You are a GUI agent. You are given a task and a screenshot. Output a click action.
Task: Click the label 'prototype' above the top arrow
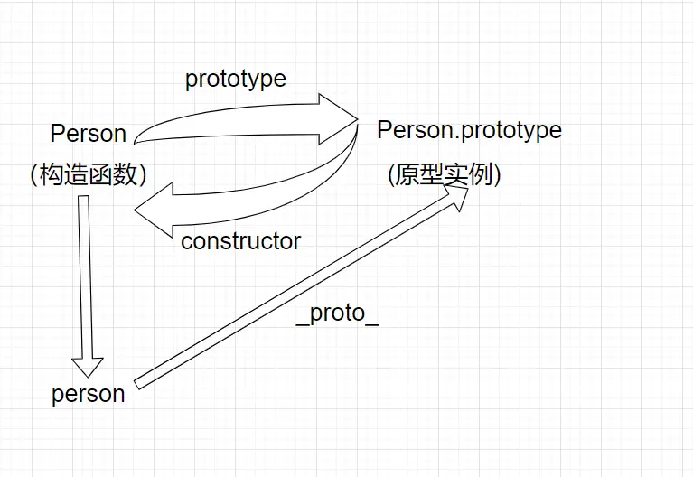(x=235, y=79)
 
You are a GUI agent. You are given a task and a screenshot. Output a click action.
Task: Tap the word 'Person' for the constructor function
(x=88, y=134)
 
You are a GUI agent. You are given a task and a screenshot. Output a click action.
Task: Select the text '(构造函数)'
(x=88, y=174)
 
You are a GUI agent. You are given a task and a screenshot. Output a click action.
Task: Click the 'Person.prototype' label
(x=469, y=130)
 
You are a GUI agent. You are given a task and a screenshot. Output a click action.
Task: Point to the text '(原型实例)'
(x=444, y=173)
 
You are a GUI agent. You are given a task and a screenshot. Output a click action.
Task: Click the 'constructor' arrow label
(x=240, y=241)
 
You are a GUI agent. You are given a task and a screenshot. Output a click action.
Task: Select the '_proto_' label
(x=338, y=313)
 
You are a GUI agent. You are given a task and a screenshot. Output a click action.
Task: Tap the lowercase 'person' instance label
(x=88, y=394)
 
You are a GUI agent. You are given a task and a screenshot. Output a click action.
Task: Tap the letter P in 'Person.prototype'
(x=384, y=130)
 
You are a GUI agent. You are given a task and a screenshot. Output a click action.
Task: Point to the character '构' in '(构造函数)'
(x=52, y=174)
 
